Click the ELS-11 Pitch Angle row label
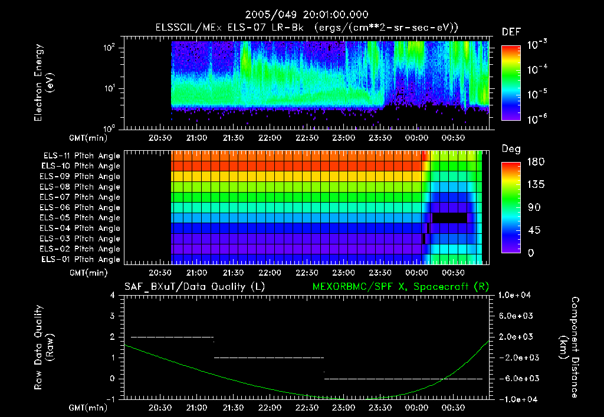pyautogui.click(x=81, y=156)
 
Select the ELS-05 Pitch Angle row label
pyautogui.click(x=81, y=218)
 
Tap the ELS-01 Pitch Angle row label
pyautogui.click(x=81, y=259)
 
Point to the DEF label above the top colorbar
pyautogui.click(x=511, y=32)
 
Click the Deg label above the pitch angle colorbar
pyautogui.click(x=510, y=149)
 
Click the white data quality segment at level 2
pyautogui.click(x=171, y=337)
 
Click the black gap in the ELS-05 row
pyautogui.click(x=449, y=218)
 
